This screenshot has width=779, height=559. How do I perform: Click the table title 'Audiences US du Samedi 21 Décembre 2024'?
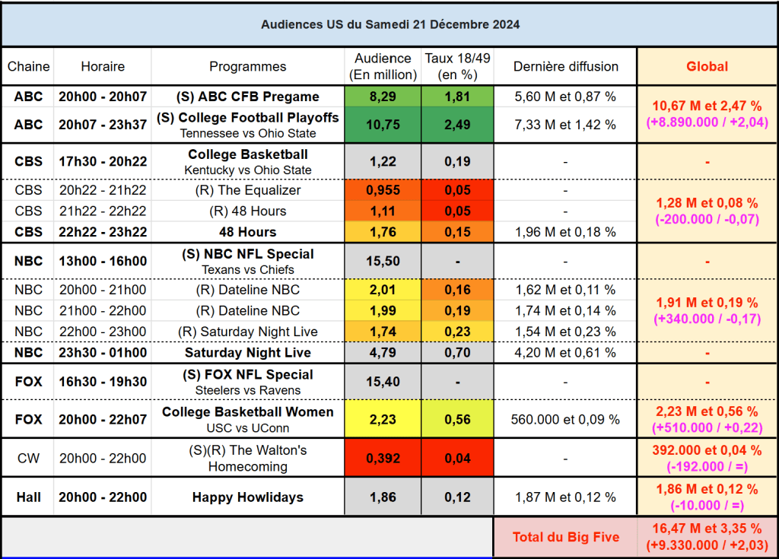pyautogui.click(x=390, y=24)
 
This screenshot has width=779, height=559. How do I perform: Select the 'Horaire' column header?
pyautogui.click(x=103, y=66)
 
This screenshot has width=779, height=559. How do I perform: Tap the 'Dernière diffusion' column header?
pyautogui.click(x=566, y=66)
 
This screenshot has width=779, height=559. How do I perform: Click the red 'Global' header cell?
pyautogui.click(x=707, y=66)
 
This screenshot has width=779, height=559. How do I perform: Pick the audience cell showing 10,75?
pyautogui.click(x=383, y=125)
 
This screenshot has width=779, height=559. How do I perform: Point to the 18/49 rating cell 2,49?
pyautogui.click(x=458, y=125)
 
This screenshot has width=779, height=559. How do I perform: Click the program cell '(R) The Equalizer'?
pyautogui.click(x=248, y=190)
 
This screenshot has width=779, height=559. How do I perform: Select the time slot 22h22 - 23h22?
pyautogui.click(x=103, y=232)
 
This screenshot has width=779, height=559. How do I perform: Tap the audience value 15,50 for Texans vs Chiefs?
pyautogui.click(x=383, y=261)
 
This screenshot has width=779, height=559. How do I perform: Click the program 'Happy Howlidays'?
pyautogui.click(x=248, y=497)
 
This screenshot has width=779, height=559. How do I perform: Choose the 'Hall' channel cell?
pyautogui.click(x=28, y=497)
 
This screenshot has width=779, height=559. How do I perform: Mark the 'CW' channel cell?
pyautogui.click(x=28, y=459)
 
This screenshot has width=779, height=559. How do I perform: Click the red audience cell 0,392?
pyautogui.click(x=383, y=459)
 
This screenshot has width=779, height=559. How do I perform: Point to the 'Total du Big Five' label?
pyautogui.click(x=565, y=537)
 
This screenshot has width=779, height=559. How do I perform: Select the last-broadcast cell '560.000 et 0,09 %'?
pyautogui.click(x=566, y=419)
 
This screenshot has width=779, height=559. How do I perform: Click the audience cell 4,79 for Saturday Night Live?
pyautogui.click(x=383, y=353)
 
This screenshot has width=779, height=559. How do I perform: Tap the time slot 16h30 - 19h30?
pyautogui.click(x=103, y=382)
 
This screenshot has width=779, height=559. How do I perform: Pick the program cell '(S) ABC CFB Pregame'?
pyautogui.click(x=248, y=97)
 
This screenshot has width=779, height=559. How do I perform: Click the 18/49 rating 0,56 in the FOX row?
pyautogui.click(x=458, y=419)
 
